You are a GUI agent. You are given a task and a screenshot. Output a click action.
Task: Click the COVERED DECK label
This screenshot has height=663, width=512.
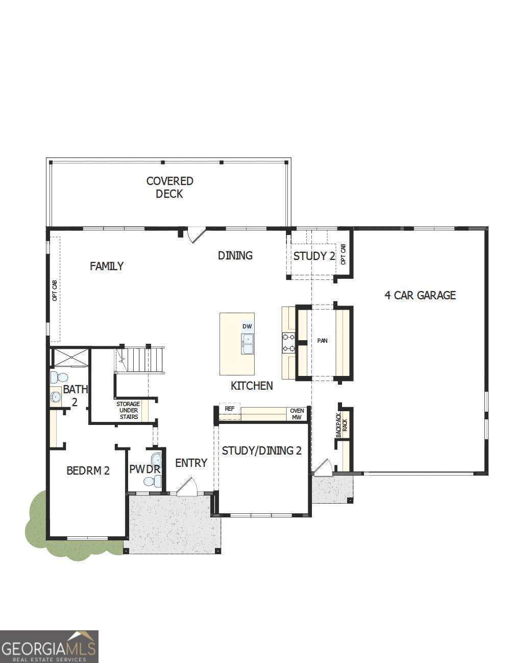tap(169, 187)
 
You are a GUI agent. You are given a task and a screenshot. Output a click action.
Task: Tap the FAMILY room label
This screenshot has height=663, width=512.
tap(107, 266)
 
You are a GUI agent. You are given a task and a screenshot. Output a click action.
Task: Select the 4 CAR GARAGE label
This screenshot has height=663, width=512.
tap(420, 295)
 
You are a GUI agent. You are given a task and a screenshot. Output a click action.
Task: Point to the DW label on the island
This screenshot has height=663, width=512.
tap(247, 326)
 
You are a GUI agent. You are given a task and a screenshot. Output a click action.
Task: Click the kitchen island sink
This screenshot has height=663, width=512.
tap(248, 344)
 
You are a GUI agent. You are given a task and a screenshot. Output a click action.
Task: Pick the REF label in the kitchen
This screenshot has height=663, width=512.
tap(229, 409)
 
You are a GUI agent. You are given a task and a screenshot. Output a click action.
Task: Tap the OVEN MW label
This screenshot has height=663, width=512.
tap(297, 414)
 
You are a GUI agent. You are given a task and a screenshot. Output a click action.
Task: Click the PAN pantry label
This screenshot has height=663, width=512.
tap(322, 341)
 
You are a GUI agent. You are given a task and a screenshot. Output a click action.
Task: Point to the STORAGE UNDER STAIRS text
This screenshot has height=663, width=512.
tap(128, 410)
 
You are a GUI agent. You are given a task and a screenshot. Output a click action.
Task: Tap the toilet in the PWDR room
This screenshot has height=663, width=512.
tap(153, 481)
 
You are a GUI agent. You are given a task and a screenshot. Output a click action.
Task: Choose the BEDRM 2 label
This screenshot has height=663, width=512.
tap(88, 470)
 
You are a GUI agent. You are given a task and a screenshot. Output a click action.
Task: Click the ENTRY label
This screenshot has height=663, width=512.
tap(191, 463)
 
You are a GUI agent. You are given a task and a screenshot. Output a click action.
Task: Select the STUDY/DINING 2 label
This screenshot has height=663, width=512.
tap(261, 451)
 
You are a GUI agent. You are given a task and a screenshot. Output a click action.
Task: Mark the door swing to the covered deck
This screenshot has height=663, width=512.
tap(196, 235)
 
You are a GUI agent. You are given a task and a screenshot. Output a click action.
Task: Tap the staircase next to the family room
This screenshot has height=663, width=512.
tap(139, 360)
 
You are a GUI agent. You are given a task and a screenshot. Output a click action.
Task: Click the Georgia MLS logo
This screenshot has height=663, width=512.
tap(49, 646)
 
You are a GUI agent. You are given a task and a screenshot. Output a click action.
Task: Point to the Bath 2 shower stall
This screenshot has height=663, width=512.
tap(70, 358)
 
